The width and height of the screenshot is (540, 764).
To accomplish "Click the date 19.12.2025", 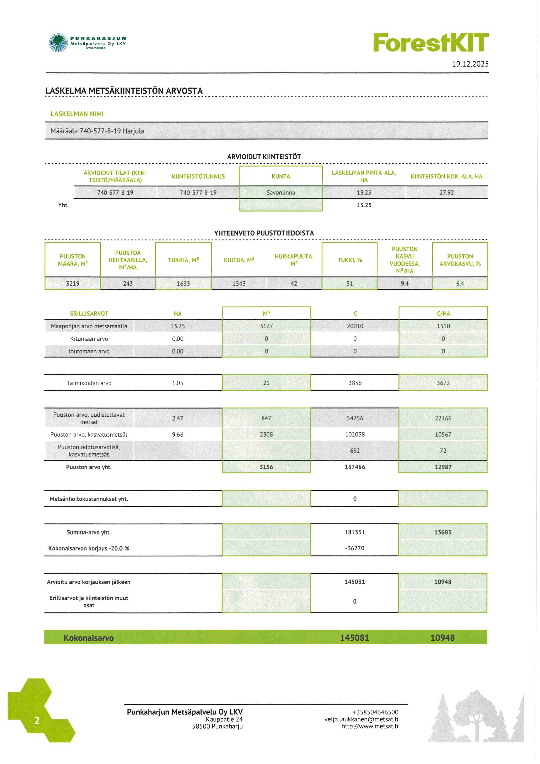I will (470, 64).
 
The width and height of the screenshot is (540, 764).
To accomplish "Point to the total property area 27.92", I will (446, 193).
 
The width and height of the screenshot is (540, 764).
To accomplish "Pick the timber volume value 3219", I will (73, 284).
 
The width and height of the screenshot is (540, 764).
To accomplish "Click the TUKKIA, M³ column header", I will (183, 260).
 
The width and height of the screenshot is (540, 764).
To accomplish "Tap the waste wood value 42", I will (294, 284).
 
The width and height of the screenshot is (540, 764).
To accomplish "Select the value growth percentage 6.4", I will (460, 284).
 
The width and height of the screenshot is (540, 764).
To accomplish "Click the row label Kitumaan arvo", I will (89, 339).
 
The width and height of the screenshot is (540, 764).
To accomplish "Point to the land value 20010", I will (355, 326).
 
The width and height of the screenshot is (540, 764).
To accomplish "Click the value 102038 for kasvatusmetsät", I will (355, 434).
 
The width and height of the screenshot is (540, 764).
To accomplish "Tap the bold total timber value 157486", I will (355, 467).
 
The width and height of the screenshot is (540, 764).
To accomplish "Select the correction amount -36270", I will (355, 548).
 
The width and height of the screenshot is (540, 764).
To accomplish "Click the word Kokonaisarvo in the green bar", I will (88, 638).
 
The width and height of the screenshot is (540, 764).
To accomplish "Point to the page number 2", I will (37, 721).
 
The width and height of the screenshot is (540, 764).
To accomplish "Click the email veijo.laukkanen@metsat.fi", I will (361, 719).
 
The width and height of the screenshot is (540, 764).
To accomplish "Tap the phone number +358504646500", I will (375, 712).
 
